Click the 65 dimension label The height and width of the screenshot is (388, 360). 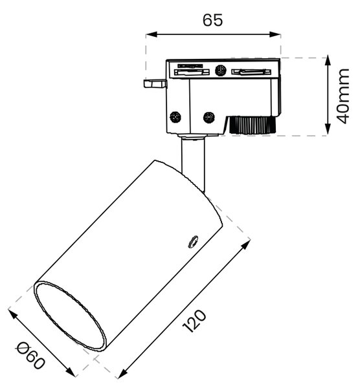pyautogui.click(x=213, y=20)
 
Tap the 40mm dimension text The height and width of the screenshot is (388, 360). pyautogui.click(x=343, y=96)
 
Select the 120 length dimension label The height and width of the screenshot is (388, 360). pyautogui.click(x=194, y=321)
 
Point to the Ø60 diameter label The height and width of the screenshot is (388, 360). pyautogui.click(x=31, y=356)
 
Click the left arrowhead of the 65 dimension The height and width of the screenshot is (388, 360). pyautogui.click(x=151, y=34)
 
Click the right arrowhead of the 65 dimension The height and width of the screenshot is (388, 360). pyautogui.click(x=275, y=34)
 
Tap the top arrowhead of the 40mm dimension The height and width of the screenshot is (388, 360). pyautogui.click(x=328, y=60)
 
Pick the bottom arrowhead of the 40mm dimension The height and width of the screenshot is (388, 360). pyautogui.click(x=328, y=130)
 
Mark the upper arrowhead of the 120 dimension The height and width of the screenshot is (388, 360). pyautogui.click(x=246, y=244)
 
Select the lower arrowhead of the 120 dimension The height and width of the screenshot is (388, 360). pyautogui.click(x=122, y=374)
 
